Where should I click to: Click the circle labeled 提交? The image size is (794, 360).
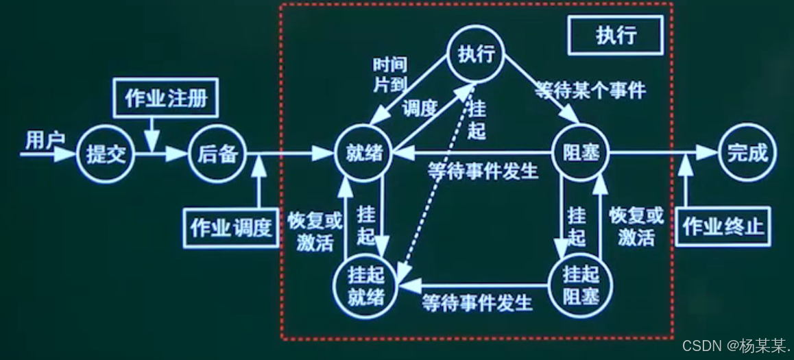(x=106, y=154)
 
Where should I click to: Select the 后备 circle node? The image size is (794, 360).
(x=217, y=154)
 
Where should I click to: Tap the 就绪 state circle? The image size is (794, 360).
(x=363, y=154)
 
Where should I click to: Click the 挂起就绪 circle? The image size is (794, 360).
(x=363, y=285)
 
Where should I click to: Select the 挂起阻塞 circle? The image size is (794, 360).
(x=580, y=285)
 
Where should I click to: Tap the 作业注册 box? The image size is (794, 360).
(x=166, y=99)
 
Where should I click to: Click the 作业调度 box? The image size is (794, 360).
(x=231, y=228)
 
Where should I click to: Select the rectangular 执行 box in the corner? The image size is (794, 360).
(x=615, y=35)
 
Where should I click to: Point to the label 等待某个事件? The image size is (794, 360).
(x=590, y=90)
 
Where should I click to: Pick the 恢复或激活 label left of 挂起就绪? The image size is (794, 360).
(x=314, y=232)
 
